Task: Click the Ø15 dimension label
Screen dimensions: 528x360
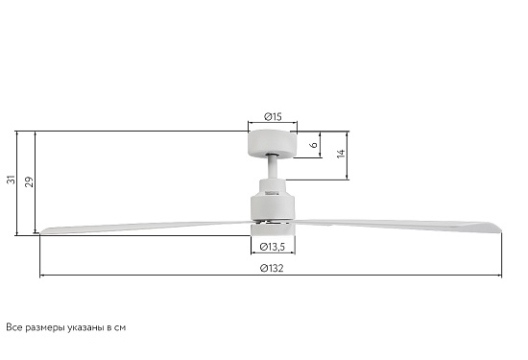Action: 273,117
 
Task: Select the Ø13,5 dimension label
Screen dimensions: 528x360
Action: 273,247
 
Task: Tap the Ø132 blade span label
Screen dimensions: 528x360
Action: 272,269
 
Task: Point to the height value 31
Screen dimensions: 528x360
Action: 12,180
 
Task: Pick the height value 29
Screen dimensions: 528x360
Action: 30,181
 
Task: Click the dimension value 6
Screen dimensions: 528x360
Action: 314,144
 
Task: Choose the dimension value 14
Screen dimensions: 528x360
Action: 341,154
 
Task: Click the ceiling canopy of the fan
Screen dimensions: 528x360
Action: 273,144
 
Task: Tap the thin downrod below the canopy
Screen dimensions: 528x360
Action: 273,168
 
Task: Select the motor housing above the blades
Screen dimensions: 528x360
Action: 273,200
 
